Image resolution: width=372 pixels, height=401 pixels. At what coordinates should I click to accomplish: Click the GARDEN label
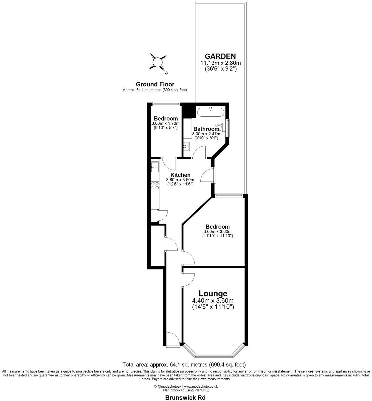tap(220, 56)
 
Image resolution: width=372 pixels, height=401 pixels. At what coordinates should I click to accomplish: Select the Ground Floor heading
tap(155, 84)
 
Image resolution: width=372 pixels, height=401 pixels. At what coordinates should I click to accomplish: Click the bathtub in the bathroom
tap(211, 113)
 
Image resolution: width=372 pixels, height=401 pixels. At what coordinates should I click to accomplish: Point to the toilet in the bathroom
tap(220, 128)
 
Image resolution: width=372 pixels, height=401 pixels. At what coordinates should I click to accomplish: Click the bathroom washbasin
tap(186, 146)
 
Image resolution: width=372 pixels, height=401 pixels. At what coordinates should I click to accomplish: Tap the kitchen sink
tap(155, 167)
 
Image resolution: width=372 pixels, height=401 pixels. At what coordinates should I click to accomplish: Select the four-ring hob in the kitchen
tap(155, 185)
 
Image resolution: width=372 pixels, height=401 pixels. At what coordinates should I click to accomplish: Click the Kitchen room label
tap(180, 175)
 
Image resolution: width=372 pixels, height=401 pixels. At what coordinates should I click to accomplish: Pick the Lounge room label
tap(213, 293)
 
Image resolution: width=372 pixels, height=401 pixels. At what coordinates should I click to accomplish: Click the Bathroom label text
tap(206, 129)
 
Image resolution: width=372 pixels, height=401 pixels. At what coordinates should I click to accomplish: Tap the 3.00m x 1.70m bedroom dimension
tap(166, 123)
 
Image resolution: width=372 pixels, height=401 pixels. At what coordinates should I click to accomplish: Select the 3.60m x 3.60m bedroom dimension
tap(218, 232)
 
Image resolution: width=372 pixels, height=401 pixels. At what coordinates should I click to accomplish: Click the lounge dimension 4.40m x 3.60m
tap(213, 301)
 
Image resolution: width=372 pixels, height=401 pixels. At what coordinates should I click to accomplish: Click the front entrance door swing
tap(174, 338)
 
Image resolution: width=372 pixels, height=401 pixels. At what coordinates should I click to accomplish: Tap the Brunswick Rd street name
tap(185, 397)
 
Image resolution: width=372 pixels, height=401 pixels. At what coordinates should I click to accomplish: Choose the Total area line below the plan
tap(184, 364)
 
